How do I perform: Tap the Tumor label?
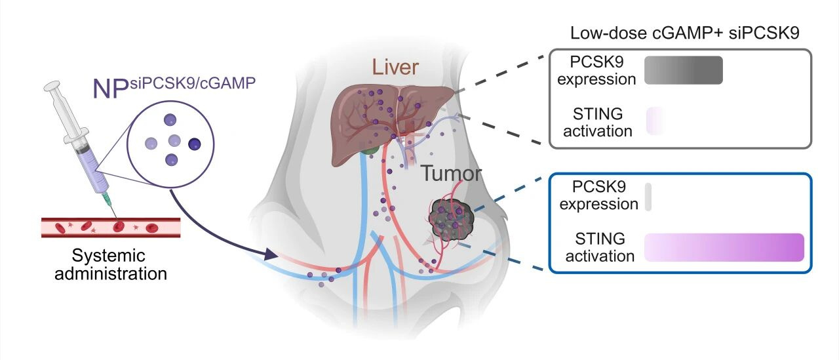(451, 173)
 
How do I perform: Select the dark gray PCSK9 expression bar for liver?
(683, 70)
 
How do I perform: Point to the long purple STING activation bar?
(724, 247)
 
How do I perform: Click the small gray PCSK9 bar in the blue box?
(648, 197)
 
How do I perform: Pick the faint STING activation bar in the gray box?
(655, 122)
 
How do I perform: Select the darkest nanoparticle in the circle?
(195, 144)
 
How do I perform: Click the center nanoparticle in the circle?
(174, 140)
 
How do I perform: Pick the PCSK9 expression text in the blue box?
(598, 196)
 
